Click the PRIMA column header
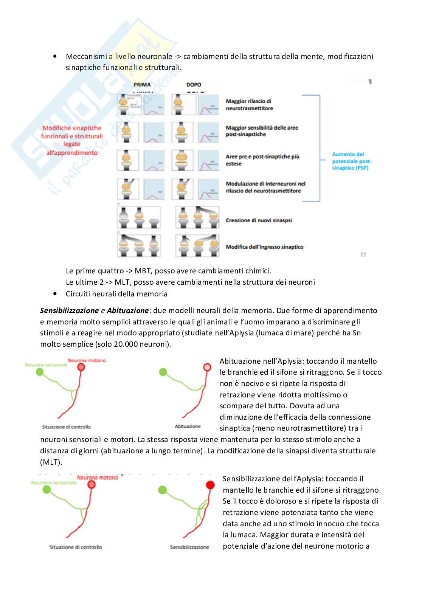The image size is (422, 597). [142, 85]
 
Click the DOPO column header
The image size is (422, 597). [194, 85]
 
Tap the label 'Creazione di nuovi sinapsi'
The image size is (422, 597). [259, 220]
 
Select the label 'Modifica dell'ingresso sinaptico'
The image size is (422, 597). [264, 247]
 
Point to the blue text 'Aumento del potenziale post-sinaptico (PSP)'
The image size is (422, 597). [351, 161]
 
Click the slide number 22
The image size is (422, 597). [363, 254]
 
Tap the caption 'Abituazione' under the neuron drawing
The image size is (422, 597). [188, 426]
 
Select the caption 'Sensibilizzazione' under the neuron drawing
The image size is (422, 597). [189, 547]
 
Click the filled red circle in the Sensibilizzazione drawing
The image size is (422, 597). [210, 485]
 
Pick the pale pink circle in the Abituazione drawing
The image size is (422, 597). [207, 367]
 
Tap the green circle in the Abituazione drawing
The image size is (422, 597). [163, 372]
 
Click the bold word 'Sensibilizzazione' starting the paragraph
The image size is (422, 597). [69, 310]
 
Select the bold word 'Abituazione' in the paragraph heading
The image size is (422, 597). [127, 310]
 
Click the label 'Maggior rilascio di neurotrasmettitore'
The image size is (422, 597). [249, 105]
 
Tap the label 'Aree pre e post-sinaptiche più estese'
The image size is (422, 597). [262, 160]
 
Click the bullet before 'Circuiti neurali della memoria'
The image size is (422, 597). [55, 294]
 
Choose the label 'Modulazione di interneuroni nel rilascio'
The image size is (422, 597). [265, 187]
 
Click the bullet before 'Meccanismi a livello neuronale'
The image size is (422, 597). [55, 56]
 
